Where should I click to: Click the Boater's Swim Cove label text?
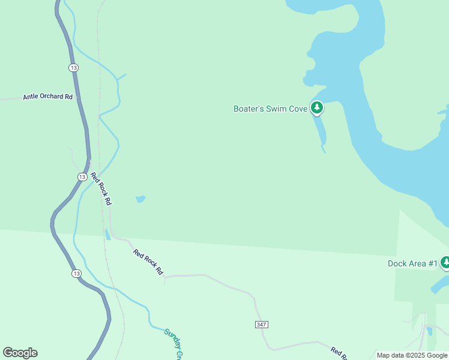(270, 109)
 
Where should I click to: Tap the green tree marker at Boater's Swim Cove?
(317, 108)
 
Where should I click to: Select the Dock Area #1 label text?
(412, 263)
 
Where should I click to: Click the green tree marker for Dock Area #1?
(445, 262)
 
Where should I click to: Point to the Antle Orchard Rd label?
(47, 97)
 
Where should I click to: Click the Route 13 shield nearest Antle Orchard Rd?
(73, 68)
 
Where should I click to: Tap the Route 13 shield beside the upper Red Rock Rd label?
(82, 176)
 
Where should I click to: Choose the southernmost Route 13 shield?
(75, 274)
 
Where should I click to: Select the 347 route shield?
(261, 325)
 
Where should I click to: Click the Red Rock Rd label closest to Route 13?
(101, 189)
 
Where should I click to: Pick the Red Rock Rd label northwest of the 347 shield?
(148, 262)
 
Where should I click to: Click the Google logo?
(20, 353)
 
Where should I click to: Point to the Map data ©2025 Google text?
(412, 355)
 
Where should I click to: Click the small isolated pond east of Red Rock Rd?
(140, 199)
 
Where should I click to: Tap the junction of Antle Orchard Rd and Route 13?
(79, 98)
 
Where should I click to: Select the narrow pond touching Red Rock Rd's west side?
(107, 234)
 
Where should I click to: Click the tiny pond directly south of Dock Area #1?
(429, 331)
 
